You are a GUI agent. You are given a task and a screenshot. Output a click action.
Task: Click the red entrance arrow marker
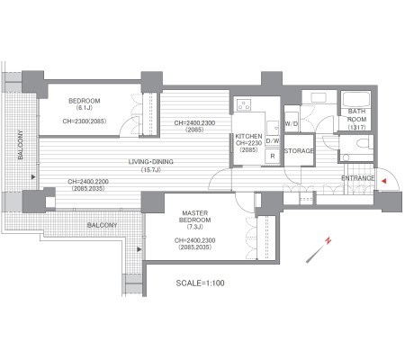coord(383,181)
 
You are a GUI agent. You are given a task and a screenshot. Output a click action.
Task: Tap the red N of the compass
coord(328,240)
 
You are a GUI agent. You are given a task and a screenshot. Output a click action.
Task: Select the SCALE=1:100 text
coord(200,283)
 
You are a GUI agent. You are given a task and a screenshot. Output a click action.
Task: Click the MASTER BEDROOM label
coord(195,216)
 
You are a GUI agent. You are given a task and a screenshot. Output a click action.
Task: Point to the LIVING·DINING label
coord(151,162)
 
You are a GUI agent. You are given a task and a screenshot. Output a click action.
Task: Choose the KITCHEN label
coord(248,136)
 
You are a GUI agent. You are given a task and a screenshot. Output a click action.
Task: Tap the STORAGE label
coord(299,150)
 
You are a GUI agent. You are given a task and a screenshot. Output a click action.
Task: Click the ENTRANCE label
coord(358,178)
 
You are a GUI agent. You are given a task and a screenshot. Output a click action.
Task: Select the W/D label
coord(291,123)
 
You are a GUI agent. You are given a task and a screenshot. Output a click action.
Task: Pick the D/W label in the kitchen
coord(273,140)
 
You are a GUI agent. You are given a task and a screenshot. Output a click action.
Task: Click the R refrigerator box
coord(273,156)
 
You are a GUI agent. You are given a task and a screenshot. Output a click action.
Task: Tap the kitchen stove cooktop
coord(244,104)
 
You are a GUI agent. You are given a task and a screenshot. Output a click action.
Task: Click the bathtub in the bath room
coord(355,100)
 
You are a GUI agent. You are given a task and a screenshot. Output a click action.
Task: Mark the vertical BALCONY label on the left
coord(20,145)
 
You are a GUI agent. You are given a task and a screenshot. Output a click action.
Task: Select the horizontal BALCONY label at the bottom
coord(102,225)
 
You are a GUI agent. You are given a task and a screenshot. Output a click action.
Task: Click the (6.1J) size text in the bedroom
coord(85,108)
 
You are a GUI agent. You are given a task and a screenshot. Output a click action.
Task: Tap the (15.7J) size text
coord(151,170)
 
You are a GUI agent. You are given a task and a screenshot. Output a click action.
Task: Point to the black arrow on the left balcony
coord(33,177)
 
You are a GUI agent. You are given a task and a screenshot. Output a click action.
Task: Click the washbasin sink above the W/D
coord(319,97)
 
